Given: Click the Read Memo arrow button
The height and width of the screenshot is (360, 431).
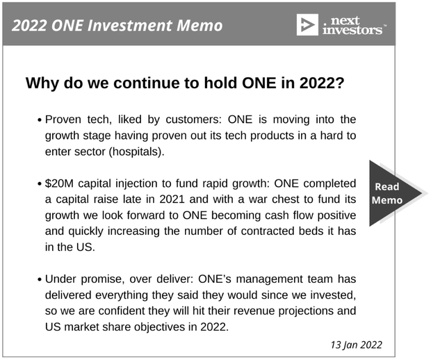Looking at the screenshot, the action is coord(393,193).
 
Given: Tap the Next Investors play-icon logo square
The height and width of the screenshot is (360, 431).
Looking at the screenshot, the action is coord(307,25).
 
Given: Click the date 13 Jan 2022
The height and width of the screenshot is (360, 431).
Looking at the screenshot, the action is coord(356,345).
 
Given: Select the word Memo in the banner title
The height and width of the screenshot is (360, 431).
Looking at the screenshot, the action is coord(200,26).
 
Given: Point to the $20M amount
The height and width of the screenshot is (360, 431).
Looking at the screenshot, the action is coord(59,183).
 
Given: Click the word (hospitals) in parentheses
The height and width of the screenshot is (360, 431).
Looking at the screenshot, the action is coord(136,152).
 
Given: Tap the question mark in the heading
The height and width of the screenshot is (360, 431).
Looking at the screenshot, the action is coord(340,83).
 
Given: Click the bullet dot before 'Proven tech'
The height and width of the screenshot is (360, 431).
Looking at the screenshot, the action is coord(40,120).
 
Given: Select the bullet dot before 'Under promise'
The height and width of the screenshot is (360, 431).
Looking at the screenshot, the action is coord(40,280).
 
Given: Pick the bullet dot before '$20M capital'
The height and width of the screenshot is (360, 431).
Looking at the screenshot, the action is coord(40,184).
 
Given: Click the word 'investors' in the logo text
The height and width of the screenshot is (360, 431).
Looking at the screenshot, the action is coord(352,30).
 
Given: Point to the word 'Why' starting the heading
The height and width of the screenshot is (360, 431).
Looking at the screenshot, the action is coord(42,83).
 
